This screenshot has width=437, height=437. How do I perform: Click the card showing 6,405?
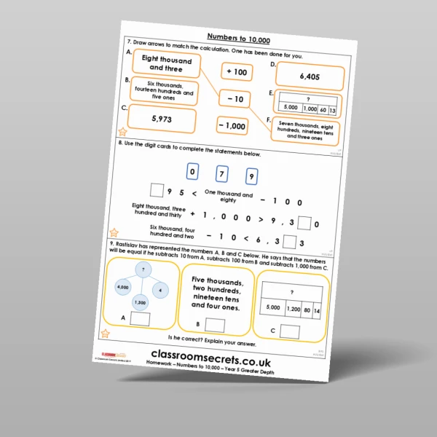point(310,76)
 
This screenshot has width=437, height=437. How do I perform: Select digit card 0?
point(192,173)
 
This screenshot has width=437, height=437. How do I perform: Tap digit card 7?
point(222,175)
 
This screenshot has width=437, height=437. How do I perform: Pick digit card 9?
point(251,177)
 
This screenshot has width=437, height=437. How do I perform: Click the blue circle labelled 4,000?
point(123,287)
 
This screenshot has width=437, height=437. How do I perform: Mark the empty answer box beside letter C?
point(289,331)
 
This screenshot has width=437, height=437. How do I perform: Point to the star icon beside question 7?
point(122,132)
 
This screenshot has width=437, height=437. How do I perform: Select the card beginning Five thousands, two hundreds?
point(216,293)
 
